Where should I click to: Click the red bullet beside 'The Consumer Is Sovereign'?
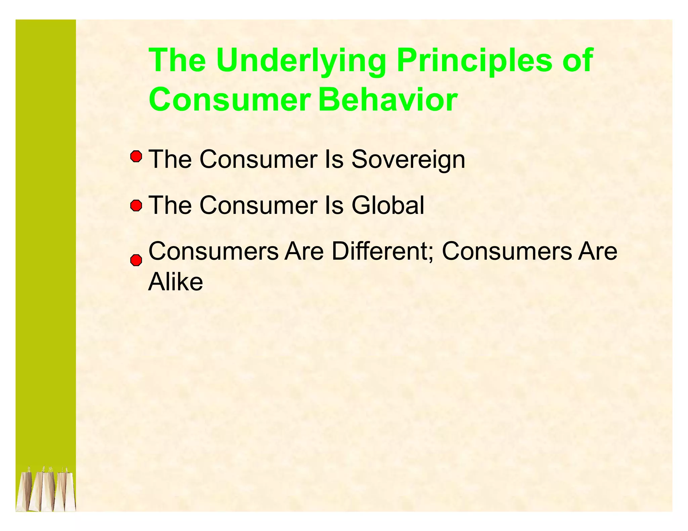coord(136,157)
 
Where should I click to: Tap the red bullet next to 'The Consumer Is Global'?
coord(136,205)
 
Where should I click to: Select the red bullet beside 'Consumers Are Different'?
coord(136,260)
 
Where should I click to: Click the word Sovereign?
coord(408,159)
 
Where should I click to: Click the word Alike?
coord(176,282)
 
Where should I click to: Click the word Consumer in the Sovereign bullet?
coord(258,159)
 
